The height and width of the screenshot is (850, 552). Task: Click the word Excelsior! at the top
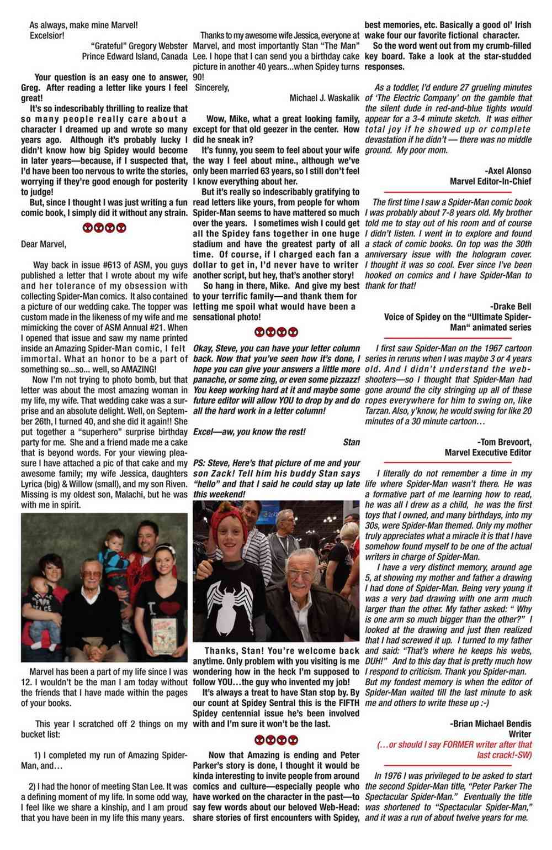click(x=47, y=36)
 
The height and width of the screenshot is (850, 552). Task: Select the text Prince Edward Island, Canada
click(x=134, y=56)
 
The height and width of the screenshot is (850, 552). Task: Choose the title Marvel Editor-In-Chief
click(x=491, y=181)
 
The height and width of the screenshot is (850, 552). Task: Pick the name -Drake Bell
click(x=511, y=306)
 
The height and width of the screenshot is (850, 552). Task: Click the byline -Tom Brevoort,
click(x=504, y=442)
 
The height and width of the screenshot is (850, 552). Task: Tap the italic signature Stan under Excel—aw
click(x=351, y=442)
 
